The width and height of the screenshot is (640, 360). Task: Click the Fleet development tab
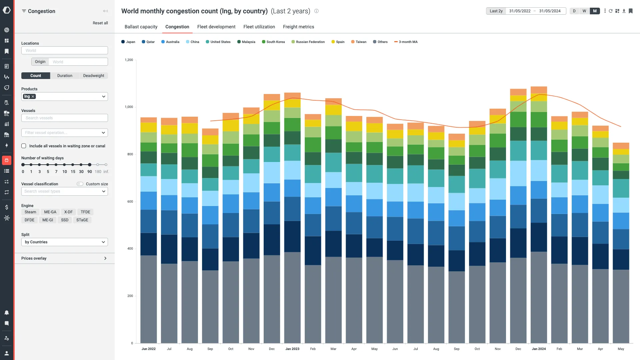216,27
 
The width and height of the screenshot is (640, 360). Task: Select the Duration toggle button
65,76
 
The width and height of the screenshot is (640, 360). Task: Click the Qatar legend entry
148,42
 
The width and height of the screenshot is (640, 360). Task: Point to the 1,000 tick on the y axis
129,107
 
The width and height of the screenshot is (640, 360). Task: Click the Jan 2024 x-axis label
539,349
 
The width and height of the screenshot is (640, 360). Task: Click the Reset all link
100,23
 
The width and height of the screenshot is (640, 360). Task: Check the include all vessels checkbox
24,146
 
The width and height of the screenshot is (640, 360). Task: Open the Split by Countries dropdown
65,242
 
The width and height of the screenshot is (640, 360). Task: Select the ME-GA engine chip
50,212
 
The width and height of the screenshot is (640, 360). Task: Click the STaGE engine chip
82,220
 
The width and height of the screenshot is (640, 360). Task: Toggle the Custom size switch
80,184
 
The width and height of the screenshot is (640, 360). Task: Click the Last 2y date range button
496,11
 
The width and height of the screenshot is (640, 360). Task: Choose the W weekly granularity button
584,11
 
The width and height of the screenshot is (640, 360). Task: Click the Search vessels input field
65,118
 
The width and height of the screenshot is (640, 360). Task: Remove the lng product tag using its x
33,97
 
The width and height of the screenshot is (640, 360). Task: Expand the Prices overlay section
65,258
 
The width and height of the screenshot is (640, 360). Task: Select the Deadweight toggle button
94,76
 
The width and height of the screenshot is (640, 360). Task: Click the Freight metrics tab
298,27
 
